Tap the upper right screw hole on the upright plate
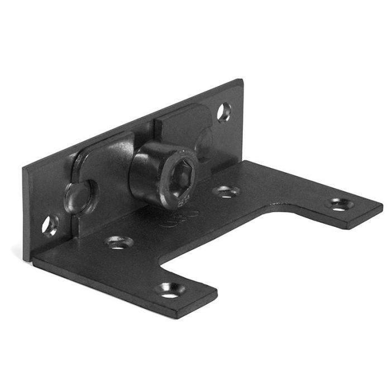[224, 111]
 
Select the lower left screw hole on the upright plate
[50, 225]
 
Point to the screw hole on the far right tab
[338, 204]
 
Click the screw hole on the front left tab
[170, 289]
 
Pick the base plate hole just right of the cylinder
[226, 192]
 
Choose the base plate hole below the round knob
[120, 243]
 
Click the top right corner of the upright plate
[241, 81]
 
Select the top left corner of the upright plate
[25, 166]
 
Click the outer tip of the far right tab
[382, 209]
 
